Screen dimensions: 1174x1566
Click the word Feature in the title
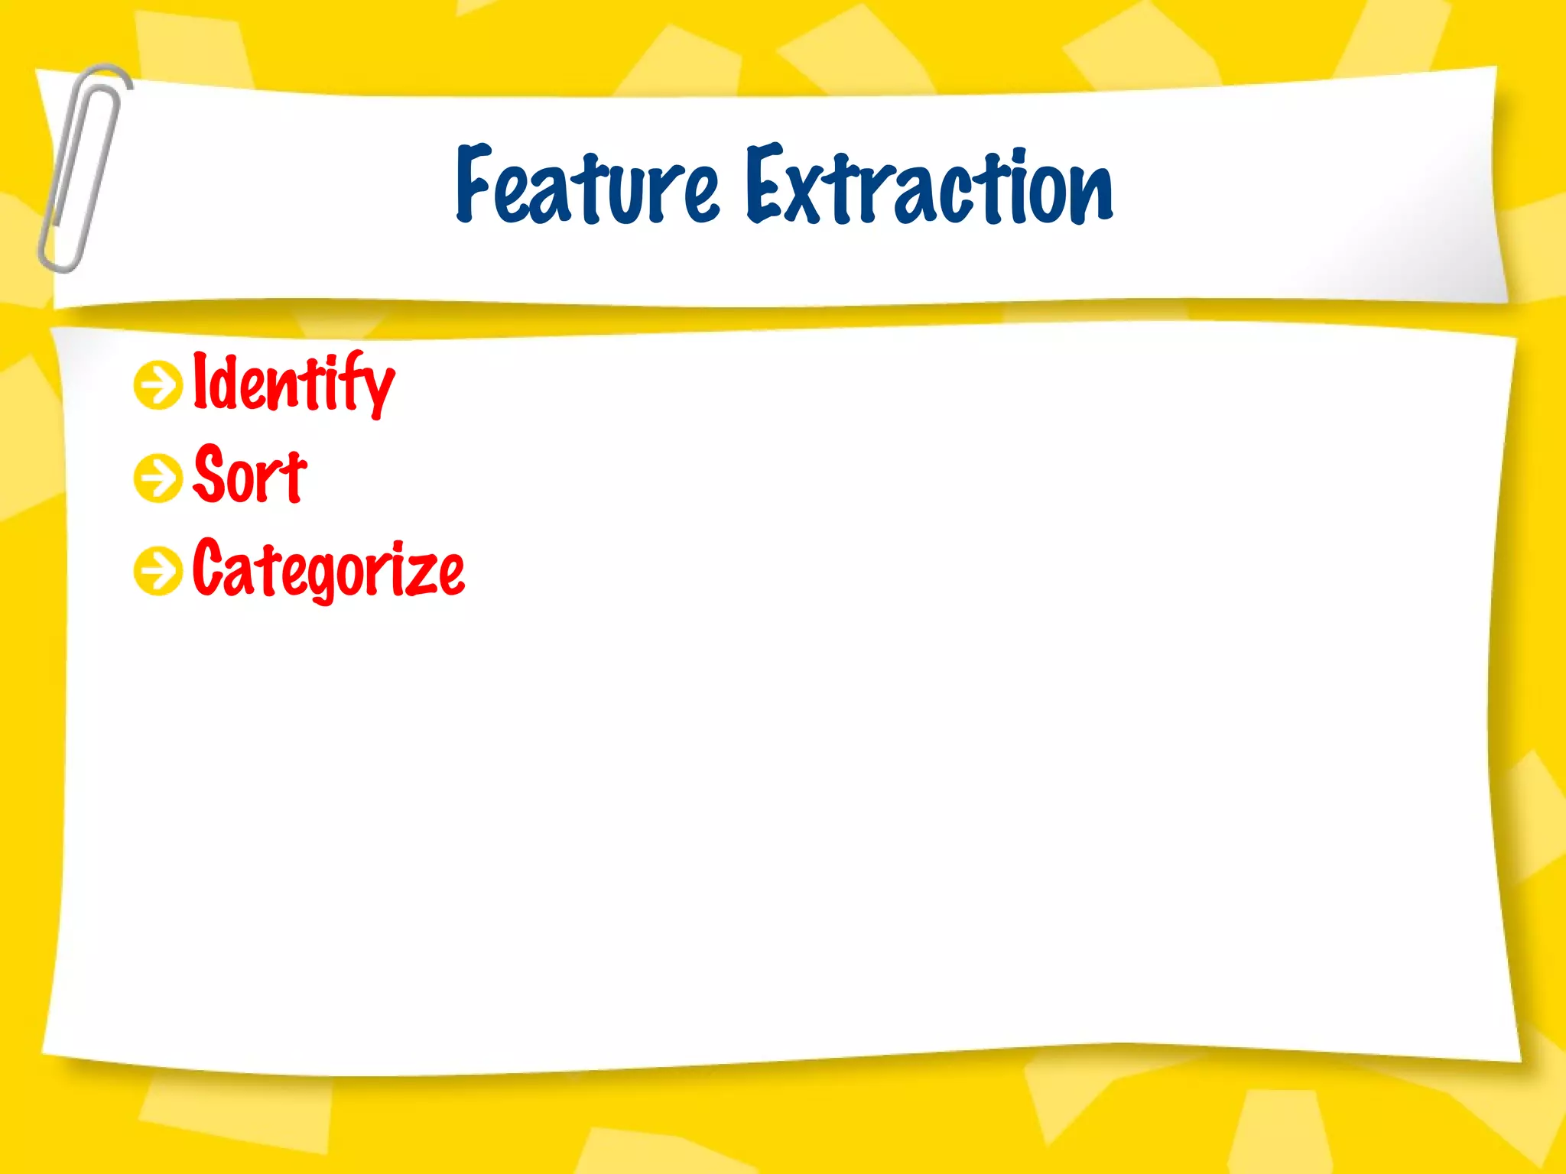(586, 186)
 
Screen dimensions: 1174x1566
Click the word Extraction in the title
(928, 186)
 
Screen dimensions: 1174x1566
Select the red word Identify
(293, 383)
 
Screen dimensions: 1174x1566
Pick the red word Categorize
(328, 569)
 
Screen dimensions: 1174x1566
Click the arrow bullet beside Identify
(158, 385)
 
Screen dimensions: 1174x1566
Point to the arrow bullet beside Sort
(158, 478)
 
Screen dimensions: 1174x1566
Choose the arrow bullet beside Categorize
(158, 570)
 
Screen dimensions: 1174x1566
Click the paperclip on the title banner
(83, 168)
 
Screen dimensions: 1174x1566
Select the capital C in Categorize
(208, 567)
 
